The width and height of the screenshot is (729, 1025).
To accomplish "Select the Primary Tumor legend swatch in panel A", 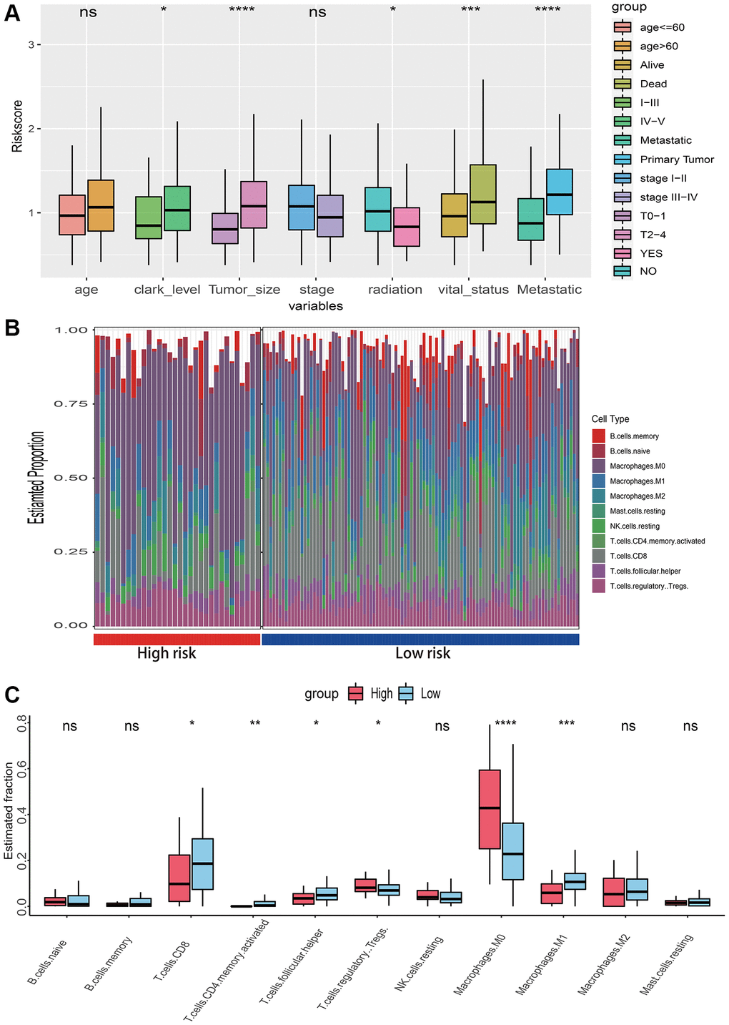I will click(623, 159).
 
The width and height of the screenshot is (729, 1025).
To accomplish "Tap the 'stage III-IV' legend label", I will click(668, 197).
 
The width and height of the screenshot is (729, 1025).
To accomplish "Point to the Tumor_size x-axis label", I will click(244, 290).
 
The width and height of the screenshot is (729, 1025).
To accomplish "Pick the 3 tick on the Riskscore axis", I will click(30, 44).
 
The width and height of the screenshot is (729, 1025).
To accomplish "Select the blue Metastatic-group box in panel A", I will click(558, 192).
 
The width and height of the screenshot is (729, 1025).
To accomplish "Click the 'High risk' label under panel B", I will click(167, 653).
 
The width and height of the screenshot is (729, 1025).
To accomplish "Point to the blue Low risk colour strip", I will click(420, 639).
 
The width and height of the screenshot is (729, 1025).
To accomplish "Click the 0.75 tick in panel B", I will click(71, 404).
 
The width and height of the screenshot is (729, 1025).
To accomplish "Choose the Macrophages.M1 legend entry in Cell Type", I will click(637, 481).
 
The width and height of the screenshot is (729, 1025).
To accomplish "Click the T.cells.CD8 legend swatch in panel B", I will click(599, 556).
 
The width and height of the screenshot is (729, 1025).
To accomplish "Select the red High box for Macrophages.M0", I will click(490, 808).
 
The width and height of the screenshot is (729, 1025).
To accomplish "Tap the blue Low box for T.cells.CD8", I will click(203, 863).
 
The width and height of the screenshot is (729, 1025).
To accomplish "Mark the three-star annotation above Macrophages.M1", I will click(566, 724).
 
